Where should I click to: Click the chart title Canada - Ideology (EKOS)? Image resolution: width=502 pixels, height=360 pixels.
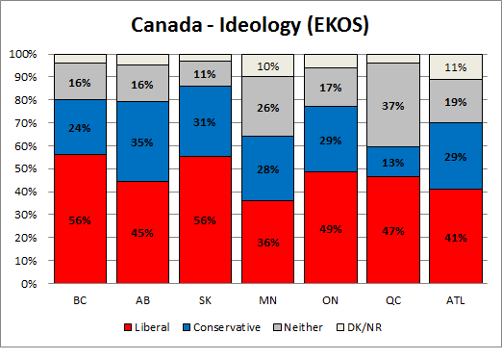coord(252,22)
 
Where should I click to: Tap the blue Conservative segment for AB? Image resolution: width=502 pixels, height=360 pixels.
coord(142,141)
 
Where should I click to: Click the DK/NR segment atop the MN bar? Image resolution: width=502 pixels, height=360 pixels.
coord(266,64)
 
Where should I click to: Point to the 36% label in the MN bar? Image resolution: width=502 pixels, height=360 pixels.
coord(266,242)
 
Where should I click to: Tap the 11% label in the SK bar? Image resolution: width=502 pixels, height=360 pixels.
coord(204,73)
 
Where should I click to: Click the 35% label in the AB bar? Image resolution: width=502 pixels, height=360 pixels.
coord(142,141)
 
